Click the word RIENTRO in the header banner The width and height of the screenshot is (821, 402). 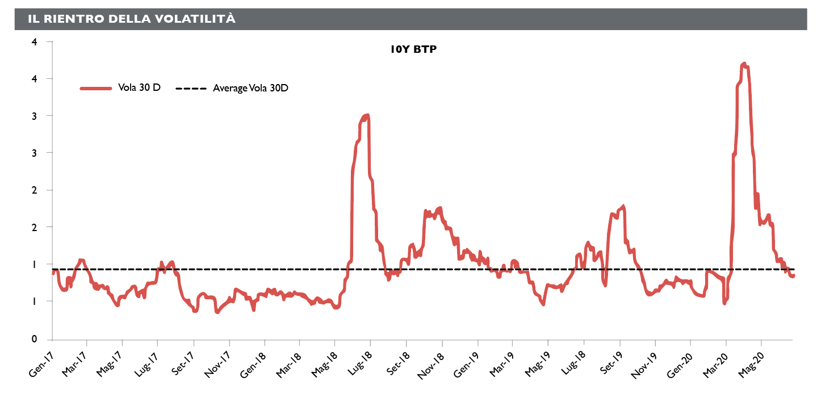point(70,19)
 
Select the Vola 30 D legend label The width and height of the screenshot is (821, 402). point(139,88)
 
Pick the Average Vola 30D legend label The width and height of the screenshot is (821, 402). point(250,88)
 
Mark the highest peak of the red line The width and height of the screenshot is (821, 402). point(744,64)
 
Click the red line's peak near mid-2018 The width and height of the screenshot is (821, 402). point(367,116)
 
